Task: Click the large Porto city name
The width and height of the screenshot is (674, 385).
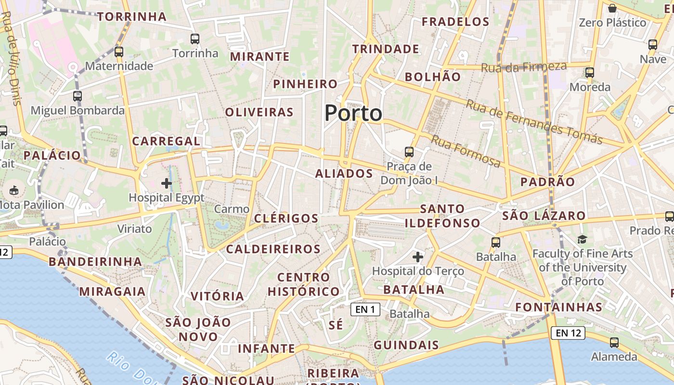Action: (x=353, y=114)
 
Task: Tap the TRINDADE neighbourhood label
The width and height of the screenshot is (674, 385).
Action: (x=386, y=49)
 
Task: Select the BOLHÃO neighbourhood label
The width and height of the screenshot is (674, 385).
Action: (x=433, y=77)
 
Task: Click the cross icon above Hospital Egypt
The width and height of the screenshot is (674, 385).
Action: (x=167, y=183)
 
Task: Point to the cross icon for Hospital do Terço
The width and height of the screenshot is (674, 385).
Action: (x=418, y=257)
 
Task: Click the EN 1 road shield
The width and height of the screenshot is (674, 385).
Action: (x=365, y=309)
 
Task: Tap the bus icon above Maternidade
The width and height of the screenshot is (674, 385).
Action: (x=119, y=51)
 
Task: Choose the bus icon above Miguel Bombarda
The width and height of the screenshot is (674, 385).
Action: (x=78, y=96)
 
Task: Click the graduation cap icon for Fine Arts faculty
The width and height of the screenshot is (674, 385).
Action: (x=583, y=239)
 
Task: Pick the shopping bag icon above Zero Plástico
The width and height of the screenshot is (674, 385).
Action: (x=612, y=8)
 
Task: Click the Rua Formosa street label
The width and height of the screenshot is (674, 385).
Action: (x=466, y=151)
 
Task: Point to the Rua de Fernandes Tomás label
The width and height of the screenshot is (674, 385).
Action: (x=534, y=121)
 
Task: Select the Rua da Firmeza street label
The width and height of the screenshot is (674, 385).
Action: (x=524, y=67)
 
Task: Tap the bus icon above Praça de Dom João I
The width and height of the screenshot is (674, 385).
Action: (x=409, y=152)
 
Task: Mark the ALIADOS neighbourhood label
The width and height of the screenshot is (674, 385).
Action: (x=344, y=174)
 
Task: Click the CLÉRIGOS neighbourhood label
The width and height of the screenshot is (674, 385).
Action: (x=286, y=218)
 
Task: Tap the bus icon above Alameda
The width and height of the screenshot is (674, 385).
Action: (x=614, y=343)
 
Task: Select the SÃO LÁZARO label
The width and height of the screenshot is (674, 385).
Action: (x=544, y=216)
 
